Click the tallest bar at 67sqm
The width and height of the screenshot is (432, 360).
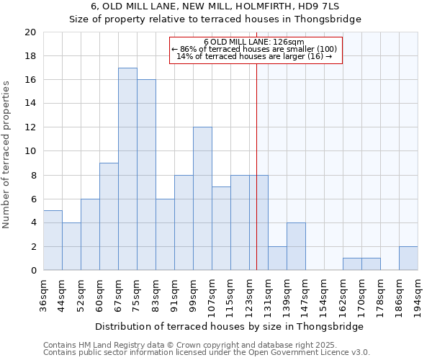pos(127,169)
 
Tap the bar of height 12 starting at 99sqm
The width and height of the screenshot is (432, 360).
pos(202,199)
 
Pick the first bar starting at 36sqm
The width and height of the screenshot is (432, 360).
pos(53,240)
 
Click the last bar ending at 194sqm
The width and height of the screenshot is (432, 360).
pos(408,258)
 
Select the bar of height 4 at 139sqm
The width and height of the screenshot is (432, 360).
pos(296,246)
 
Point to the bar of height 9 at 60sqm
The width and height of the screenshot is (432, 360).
pos(109,217)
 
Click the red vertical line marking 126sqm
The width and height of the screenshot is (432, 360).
pos(256,166)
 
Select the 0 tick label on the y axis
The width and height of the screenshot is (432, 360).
pos(32,271)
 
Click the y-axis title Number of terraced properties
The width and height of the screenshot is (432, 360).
pos(7,155)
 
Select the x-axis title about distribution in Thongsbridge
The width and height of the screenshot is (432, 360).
pos(229,326)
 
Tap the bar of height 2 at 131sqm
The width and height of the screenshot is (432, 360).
pos(277,258)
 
